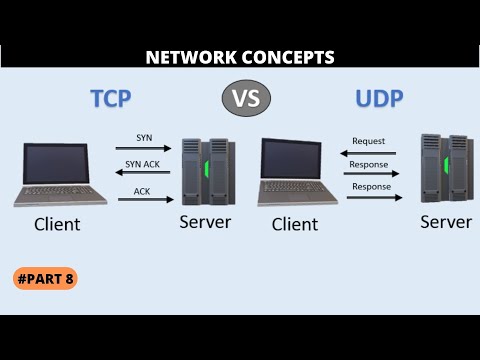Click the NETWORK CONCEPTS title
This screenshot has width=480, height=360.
click(240, 58)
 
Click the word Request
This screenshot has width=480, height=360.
click(368, 142)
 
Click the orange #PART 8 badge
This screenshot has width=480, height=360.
click(47, 278)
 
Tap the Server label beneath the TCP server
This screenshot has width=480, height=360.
click(205, 220)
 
